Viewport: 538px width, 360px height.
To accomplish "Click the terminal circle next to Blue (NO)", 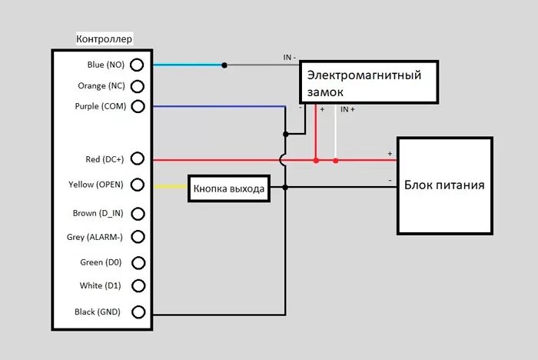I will pyautogui.click(x=138, y=65).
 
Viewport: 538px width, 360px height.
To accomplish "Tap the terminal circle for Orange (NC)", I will pyautogui.click(x=138, y=85).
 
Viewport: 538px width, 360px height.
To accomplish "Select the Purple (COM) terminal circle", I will pyautogui.click(x=138, y=106).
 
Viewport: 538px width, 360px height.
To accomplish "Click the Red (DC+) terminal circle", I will pyautogui.click(x=138, y=159).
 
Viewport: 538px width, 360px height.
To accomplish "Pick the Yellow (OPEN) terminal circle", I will pyautogui.click(x=138, y=185).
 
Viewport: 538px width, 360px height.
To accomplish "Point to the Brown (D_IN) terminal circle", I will pyautogui.click(x=138, y=213).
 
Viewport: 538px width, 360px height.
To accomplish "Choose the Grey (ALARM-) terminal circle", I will pyautogui.click(x=138, y=237).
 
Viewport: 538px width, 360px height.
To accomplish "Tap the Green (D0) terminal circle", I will pyautogui.click(x=138, y=262).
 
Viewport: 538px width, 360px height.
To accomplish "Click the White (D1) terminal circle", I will pyautogui.click(x=138, y=285).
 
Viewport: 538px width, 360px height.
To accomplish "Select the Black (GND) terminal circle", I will pyautogui.click(x=138, y=312).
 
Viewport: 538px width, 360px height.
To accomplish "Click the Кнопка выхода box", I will pyautogui.click(x=229, y=188).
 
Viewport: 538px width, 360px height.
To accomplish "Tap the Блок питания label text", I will pyautogui.click(x=444, y=185).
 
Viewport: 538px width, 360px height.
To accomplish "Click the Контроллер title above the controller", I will pyautogui.click(x=105, y=38).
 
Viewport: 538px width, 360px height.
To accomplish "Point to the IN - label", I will pyautogui.click(x=289, y=58).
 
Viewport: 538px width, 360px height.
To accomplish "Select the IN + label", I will pyautogui.click(x=347, y=109).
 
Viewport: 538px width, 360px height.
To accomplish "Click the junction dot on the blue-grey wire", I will pyautogui.click(x=224, y=65).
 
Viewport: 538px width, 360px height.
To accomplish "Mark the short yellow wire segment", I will pyautogui.click(x=171, y=186).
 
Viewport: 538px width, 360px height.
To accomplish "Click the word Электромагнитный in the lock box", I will pyautogui.click(x=364, y=75).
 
